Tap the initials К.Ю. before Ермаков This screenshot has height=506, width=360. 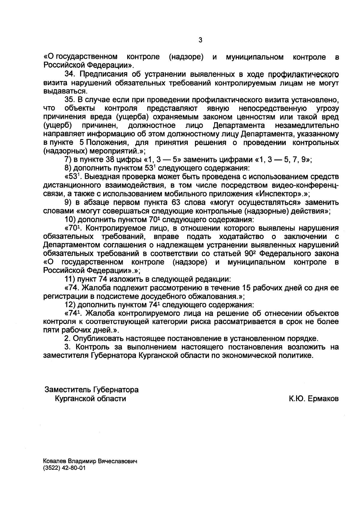[x=297, y=399]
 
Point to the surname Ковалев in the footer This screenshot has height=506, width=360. [x=54, y=462]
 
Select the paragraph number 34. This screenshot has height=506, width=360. [x=69, y=74]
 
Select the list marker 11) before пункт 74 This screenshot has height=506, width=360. [x=70, y=279]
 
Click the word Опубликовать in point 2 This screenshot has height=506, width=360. [x=98, y=339]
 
